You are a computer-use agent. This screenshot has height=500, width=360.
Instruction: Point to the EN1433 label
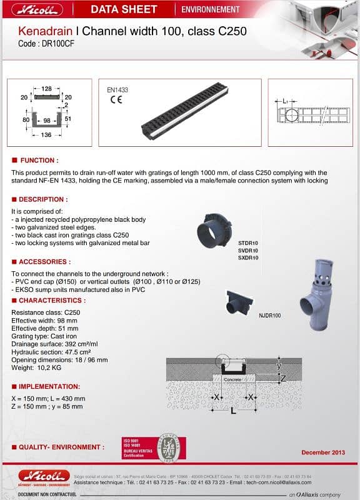[117, 90]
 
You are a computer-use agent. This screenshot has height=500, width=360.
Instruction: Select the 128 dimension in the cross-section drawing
[46, 89]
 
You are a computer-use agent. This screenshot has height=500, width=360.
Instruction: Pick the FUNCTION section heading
[38, 161]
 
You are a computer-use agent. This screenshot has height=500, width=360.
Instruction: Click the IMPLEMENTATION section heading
[49, 386]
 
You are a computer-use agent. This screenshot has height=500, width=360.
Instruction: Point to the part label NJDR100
[269, 316]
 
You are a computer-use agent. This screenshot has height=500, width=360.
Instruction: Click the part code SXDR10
[247, 257]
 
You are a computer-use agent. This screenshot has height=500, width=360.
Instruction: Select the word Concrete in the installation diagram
[232, 379]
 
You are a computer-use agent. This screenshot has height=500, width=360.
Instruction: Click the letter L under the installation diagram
[232, 411]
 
